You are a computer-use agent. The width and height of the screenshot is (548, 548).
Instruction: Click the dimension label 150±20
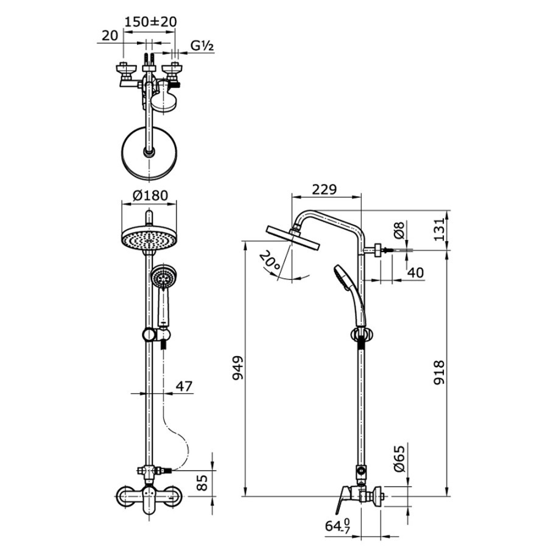click(x=150, y=22)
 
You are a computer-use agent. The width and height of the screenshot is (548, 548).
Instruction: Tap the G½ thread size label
click(x=202, y=46)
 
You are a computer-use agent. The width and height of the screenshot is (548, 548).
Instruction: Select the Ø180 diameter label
click(x=150, y=195)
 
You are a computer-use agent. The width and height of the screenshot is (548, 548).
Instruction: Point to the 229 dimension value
click(x=325, y=189)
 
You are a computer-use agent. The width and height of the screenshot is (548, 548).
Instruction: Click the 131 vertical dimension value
click(x=439, y=229)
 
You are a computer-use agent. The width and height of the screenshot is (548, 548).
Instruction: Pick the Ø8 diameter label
click(x=399, y=230)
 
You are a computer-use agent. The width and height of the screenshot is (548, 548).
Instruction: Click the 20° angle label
click(x=270, y=261)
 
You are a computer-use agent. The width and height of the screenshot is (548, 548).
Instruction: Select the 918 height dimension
click(x=439, y=373)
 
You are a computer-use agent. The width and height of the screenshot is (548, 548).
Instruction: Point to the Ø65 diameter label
click(x=399, y=458)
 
